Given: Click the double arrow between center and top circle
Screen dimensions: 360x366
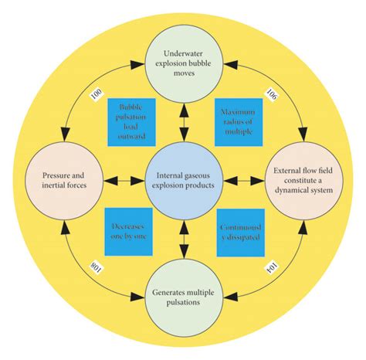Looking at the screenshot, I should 184,118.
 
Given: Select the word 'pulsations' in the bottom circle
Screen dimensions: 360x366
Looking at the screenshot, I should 184,304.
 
